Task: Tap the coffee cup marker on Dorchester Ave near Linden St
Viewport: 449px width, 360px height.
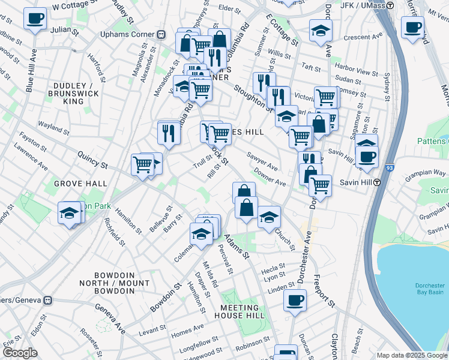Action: [x=294, y=300]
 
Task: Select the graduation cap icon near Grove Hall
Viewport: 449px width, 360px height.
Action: [x=69, y=212]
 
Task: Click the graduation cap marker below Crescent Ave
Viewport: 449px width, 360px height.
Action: [x=321, y=31]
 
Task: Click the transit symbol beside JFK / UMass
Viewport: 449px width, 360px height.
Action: [x=390, y=5]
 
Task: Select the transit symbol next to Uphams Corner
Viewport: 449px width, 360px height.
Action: [x=161, y=34]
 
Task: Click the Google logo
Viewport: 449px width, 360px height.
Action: [x=20, y=353]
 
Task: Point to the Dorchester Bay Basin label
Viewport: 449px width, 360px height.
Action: [x=429, y=289]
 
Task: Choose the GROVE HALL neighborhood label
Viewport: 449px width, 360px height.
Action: [x=80, y=184]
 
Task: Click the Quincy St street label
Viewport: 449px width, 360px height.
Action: [x=92, y=159]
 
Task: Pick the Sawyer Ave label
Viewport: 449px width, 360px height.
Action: [x=262, y=161]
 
